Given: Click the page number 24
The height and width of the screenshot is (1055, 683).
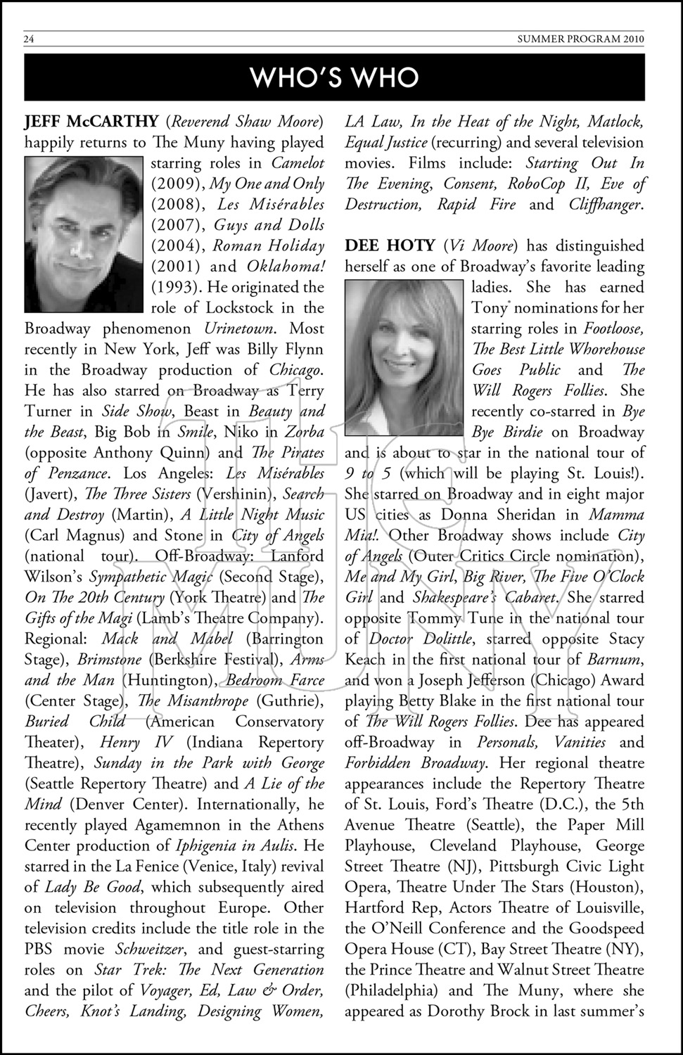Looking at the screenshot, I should pyautogui.click(x=29, y=39).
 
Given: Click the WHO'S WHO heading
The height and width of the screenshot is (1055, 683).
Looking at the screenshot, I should pyautogui.click(x=334, y=77).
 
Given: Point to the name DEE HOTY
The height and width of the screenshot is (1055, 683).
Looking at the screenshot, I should pyautogui.click(x=390, y=245).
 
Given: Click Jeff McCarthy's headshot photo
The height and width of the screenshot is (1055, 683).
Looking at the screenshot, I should pyautogui.click(x=84, y=234).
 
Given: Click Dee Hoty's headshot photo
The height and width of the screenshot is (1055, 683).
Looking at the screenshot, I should pyautogui.click(x=404, y=358).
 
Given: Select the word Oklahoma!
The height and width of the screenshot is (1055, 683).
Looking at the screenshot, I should pyautogui.click(x=286, y=267).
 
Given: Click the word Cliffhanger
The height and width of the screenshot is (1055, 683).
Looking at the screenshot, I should pyautogui.click(x=605, y=205).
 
